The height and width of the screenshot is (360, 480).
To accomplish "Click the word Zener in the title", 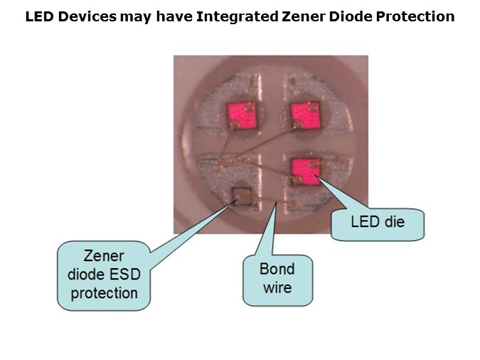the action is [x=304, y=16].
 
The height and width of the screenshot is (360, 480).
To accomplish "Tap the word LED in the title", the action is [x=40, y=16].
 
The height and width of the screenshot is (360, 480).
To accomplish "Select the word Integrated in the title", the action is [x=238, y=17].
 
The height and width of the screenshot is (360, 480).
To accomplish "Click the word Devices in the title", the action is [x=87, y=16].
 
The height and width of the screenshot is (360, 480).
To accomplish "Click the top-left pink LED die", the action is [x=242, y=116].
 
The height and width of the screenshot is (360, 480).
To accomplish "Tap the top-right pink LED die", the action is [x=306, y=115].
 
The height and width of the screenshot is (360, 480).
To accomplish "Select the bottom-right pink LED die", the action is [x=306, y=172].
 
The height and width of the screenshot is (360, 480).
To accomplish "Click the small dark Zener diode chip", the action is [x=242, y=196].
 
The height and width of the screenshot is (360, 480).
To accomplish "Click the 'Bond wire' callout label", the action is [x=277, y=279].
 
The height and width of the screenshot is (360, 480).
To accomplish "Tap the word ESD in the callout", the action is [x=125, y=274].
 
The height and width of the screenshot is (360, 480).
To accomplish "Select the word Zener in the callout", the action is [x=104, y=256].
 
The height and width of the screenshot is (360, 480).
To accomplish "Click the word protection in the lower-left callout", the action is [x=104, y=294].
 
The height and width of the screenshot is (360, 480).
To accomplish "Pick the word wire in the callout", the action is [x=277, y=287].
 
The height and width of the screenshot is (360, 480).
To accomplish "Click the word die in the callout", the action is [x=395, y=221].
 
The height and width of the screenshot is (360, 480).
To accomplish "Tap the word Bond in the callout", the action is [x=277, y=269].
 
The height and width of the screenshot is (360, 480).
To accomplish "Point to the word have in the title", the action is [x=174, y=16].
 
